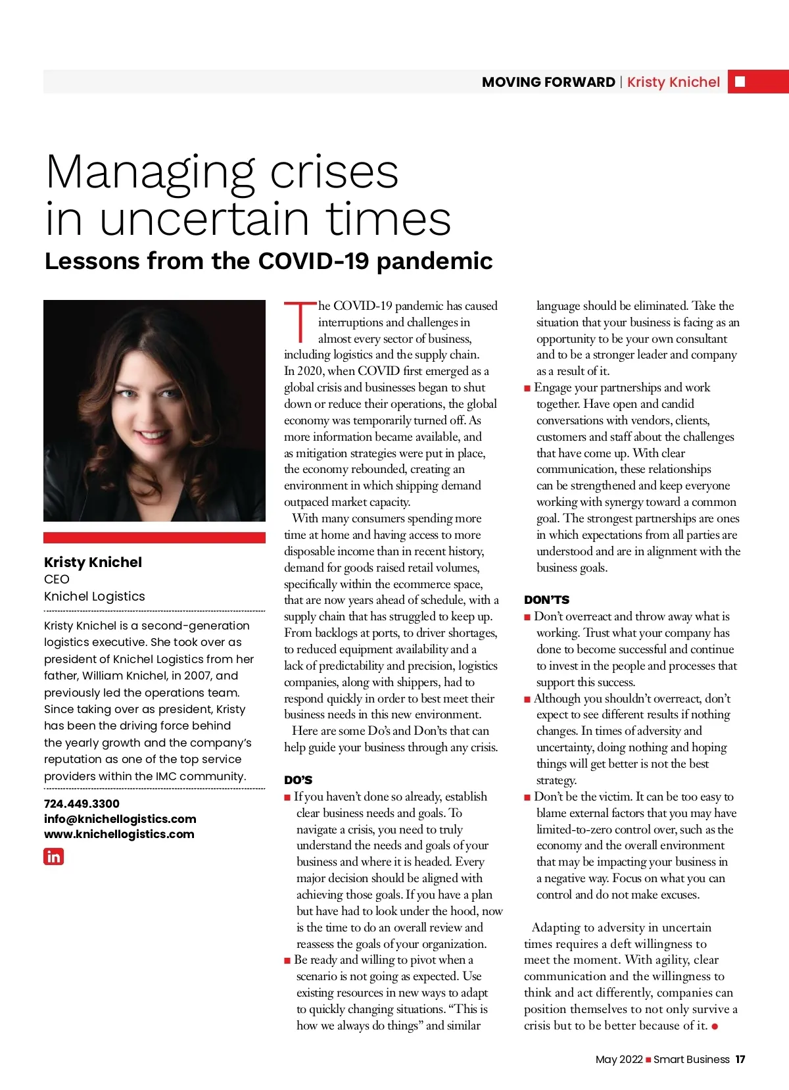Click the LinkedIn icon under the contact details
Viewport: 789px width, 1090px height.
[x=53, y=856]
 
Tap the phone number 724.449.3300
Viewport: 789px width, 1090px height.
[x=82, y=803]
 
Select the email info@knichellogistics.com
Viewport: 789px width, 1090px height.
[x=120, y=818]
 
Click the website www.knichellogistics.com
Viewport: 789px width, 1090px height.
[x=119, y=833]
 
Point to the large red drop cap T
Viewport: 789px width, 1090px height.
[x=300, y=322]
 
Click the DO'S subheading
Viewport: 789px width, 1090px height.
[x=298, y=780]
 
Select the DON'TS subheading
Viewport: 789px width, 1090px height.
[x=546, y=600]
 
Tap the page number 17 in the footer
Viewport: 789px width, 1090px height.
[x=740, y=1059]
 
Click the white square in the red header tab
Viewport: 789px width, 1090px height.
[x=740, y=82]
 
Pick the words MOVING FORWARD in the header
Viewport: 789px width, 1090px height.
[x=548, y=82]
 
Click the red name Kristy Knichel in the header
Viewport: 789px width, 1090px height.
[x=673, y=82]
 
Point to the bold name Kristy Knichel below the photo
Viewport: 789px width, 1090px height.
[x=93, y=562]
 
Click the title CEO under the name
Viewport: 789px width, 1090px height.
[x=57, y=579]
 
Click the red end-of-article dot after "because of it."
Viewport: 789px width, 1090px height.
[x=715, y=1026]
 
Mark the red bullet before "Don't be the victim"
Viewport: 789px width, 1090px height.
[x=527, y=797]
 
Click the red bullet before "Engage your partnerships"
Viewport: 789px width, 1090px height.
[x=527, y=388]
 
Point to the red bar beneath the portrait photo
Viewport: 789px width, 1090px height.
[x=155, y=537]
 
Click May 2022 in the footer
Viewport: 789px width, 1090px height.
[x=619, y=1059]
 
